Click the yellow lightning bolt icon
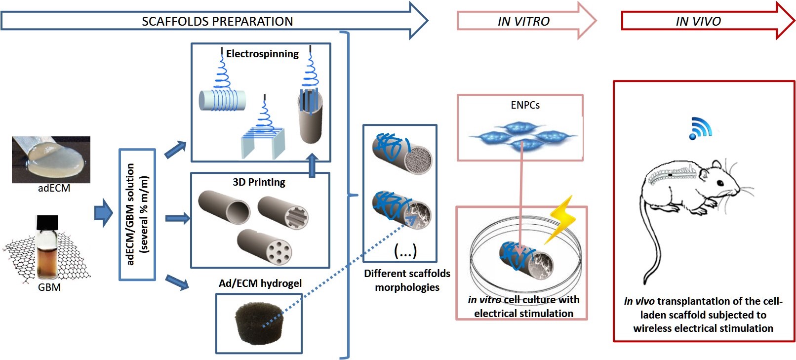[x=562, y=220]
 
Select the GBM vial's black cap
[x=47, y=223]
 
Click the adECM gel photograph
[x=51, y=159]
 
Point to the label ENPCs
[x=525, y=105]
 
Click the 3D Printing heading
[x=259, y=182]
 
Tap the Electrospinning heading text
[x=262, y=54]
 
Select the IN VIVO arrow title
[x=698, y=21]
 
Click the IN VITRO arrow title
[x=523, y=21]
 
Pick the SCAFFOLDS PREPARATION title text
[x=217, y=21]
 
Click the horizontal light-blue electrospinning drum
[x=222, y=100]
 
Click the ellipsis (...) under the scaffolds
[x=405, y=251]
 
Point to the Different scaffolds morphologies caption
[x=407, y=280]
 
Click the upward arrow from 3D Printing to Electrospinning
[x=312, y=165]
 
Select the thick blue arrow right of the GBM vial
[x=104, y=213]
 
